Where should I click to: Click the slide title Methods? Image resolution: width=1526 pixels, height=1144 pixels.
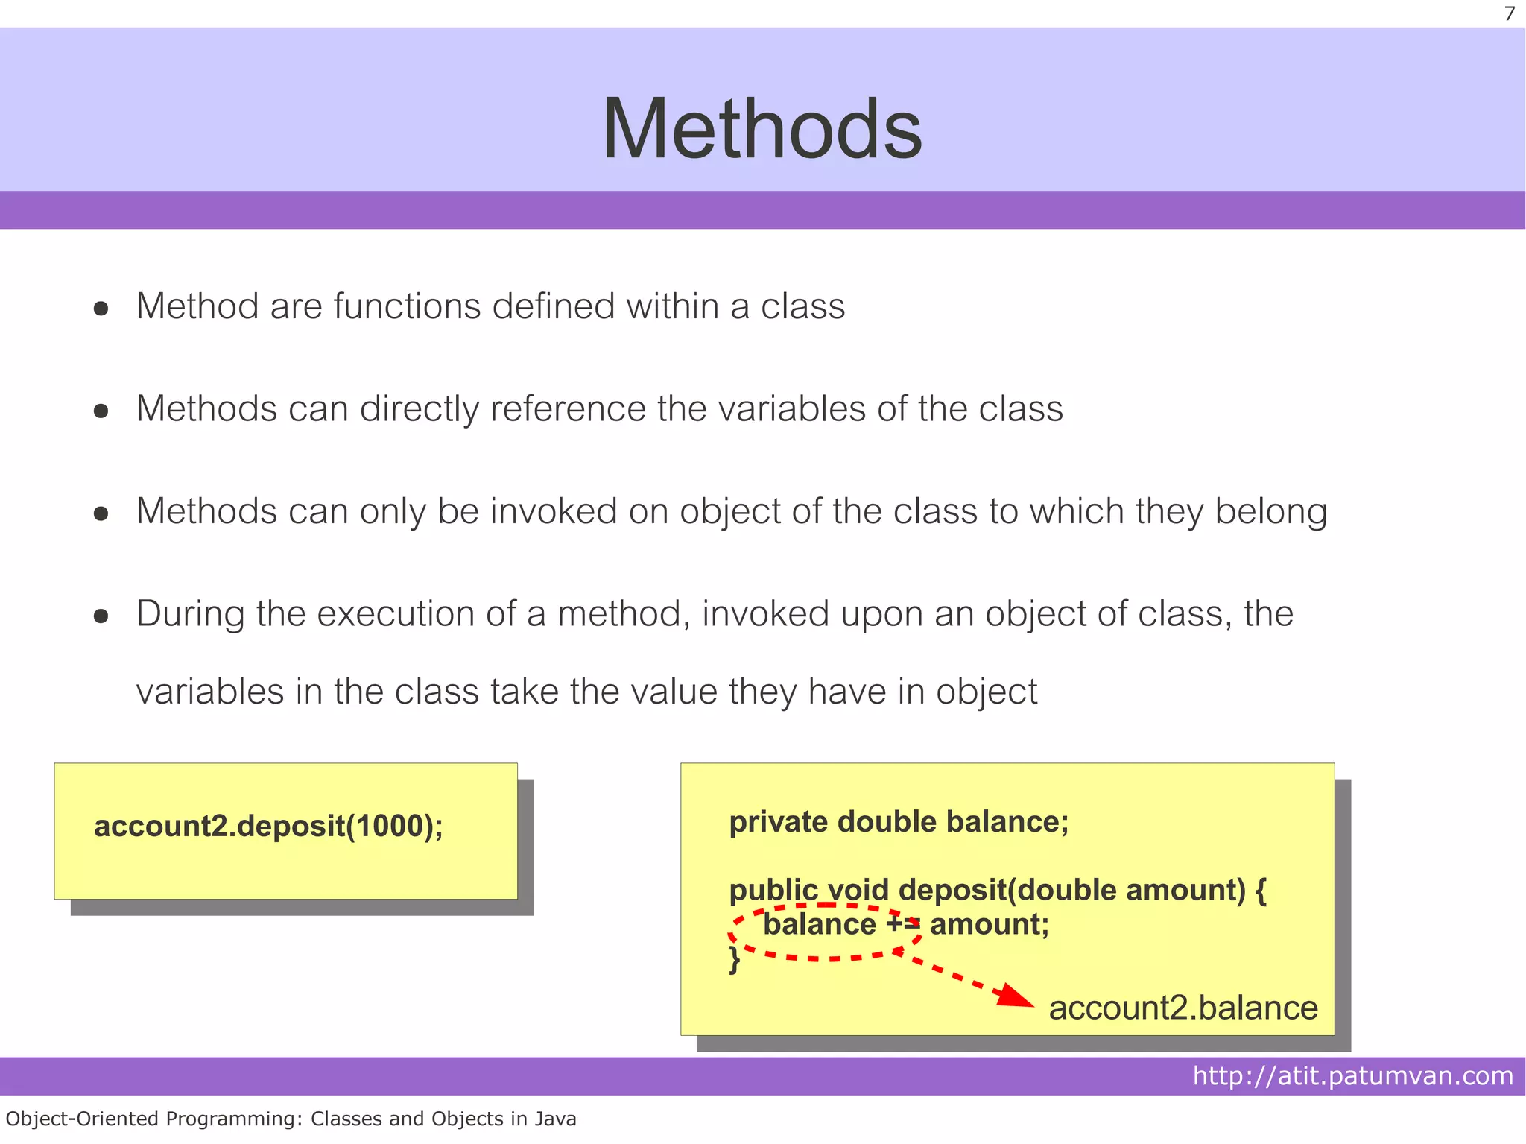[762, 129]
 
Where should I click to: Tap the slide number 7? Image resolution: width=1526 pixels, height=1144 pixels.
[1510, 14]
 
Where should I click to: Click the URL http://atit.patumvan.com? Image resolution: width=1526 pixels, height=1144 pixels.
[1352, 1075]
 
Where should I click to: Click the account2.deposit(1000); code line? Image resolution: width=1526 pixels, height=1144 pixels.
[268, 827]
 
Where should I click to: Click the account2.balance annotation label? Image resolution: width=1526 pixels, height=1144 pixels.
[1183, 1008]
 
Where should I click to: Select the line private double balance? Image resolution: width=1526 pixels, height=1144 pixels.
[899, 821]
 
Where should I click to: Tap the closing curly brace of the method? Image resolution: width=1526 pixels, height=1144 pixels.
[735, 959]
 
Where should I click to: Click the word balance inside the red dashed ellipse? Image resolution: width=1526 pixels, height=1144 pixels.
[820, 924]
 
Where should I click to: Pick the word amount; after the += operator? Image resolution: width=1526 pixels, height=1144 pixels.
[990, 924]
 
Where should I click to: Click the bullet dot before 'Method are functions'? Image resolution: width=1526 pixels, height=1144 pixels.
[101, 308]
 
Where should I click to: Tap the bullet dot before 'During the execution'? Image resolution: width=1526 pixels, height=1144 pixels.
[101, 616]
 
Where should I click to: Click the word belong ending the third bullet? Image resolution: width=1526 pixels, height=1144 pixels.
[1271, 513]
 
